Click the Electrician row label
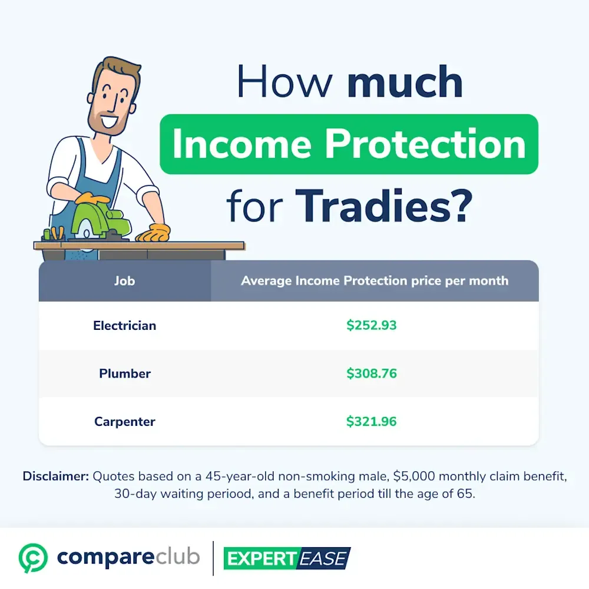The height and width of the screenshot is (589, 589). coord(124,325)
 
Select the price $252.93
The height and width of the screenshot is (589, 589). coord(371,325)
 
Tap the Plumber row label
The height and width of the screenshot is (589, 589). coord(125,373)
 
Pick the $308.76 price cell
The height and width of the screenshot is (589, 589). coord(371,373)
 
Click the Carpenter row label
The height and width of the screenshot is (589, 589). coord(125,422)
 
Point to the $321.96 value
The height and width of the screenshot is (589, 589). coord(371,422)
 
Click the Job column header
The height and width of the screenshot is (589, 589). coord(124,281)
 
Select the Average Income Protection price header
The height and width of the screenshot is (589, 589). coord(375,281)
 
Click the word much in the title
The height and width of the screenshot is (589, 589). coord(405,81)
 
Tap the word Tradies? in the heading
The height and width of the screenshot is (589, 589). coord(383,206)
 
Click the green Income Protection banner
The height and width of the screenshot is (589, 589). coord(349,144)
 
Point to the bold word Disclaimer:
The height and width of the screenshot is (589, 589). coord(55,476)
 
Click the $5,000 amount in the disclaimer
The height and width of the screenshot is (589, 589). coord(414,477)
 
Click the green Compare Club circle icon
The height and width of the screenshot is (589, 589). coord(33,558)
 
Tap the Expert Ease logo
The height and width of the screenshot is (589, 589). coord(287,558)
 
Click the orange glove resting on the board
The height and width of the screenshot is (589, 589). coord(153,233)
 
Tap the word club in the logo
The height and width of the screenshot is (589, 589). coord(177,557)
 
